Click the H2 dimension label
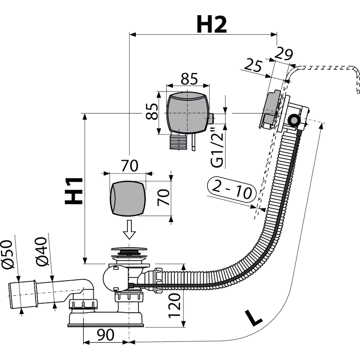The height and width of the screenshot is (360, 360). [x=212, y=25]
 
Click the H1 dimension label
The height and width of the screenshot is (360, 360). [x=74, y=191]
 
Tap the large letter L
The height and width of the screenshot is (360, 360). [x=253, y=317]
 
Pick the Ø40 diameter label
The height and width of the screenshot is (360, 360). [x=42, y=251]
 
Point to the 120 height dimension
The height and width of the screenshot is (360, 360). [x=175, y=306]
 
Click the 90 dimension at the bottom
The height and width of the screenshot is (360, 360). [x=105, y=335]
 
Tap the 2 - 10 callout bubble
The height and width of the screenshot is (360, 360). [x=232, y=190]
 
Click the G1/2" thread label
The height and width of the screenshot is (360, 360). [x=217, y=147]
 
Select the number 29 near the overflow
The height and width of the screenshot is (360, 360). [x=284, y=54]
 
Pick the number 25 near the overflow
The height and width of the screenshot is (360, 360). [x=253, y=66]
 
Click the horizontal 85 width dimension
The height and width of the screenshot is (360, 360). [x=189, y=79]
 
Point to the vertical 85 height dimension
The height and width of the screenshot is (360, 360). [x=152, y=111]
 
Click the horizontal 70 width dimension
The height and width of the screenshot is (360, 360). [x=130, y=166]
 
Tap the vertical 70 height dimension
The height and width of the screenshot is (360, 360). [x=164, y=197]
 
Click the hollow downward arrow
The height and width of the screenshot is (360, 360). [x=129, y=229]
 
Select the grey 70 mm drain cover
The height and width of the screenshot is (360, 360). [x=128, y=199]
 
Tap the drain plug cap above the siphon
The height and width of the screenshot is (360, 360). [x=129, y=249]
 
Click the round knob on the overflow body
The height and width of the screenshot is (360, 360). [x=293, y=120]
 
